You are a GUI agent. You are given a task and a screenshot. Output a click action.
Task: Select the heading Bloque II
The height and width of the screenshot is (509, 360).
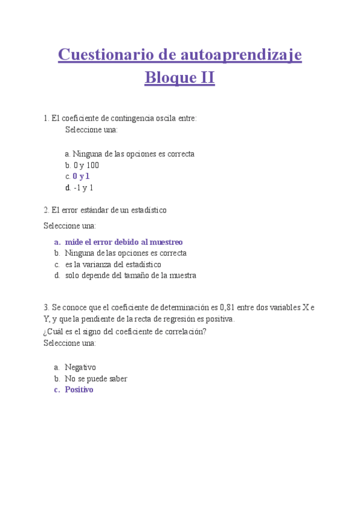point(180,78)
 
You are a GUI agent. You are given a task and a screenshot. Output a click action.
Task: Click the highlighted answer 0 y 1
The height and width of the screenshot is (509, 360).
point(81,176)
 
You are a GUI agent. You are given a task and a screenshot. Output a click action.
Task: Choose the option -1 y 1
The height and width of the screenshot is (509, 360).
point(83,188)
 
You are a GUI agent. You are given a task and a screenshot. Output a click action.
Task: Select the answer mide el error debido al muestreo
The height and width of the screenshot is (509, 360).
point(124,242)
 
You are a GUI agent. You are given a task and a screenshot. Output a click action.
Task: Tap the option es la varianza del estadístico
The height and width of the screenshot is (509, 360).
point(113,264)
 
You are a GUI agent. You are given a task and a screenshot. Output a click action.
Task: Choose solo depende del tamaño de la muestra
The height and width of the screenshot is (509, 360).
point(130,276)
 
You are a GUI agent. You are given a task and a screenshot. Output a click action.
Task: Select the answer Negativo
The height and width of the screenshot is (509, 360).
point(80,367)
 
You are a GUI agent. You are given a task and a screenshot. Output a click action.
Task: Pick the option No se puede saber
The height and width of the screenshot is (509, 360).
point(96,379)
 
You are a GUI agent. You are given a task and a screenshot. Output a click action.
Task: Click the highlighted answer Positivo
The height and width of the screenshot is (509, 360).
point(79,390)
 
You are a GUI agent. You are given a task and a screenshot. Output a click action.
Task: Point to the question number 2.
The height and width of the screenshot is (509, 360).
point(46,210)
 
